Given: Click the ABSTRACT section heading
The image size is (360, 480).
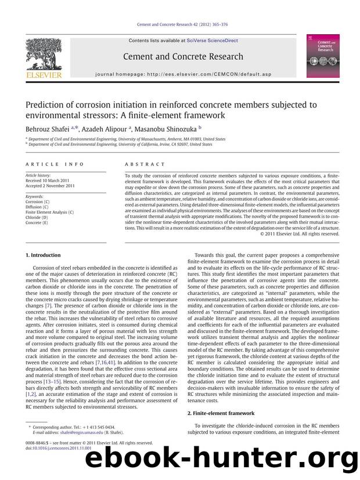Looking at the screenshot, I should pyautogui.click(x=141, y=164).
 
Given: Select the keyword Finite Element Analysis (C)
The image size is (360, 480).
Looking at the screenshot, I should pyautogui.click(x=50, y=212).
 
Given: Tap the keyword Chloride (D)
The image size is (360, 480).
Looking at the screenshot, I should pyautogui.click(x=38, y=218).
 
